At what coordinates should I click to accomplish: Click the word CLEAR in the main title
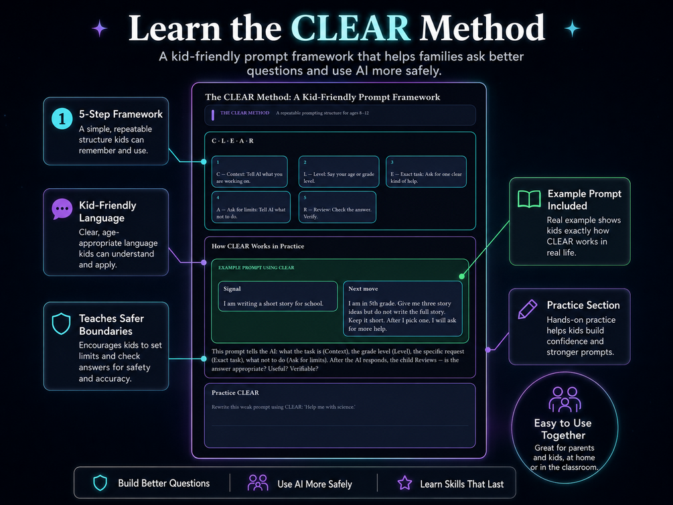(x=351, y=28)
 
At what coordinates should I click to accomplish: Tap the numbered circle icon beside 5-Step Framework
(x=62, y=118)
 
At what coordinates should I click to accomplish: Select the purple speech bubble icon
(x=62, y=209)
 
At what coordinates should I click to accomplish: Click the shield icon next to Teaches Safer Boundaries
(x=61, y=323)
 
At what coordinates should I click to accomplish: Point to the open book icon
(x=529, y=199)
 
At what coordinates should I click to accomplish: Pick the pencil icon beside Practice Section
(x=528, y=309)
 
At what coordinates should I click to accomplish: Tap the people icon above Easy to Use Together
(x=565, y=399)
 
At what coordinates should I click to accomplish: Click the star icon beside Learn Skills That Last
(x=404, y=483)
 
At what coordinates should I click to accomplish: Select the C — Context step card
(x=249, y=171)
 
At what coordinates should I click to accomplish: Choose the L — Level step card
(x=339, y=171)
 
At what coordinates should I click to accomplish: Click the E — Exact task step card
(x=426, y=171)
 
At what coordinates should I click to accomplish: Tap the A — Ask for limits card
(x=251, y=207)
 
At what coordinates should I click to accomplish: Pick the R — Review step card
(x=338, y=207)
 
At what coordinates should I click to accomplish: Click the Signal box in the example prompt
(x=278, y=296)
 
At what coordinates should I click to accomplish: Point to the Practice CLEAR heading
(x=235, y=392)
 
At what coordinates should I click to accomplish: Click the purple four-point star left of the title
(x=100, y=29)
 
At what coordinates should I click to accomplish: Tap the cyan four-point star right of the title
(x=572, y=28)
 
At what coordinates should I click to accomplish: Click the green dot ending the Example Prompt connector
(x=462, y=277)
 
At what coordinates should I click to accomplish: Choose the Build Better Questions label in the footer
(x=164, y=483)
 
